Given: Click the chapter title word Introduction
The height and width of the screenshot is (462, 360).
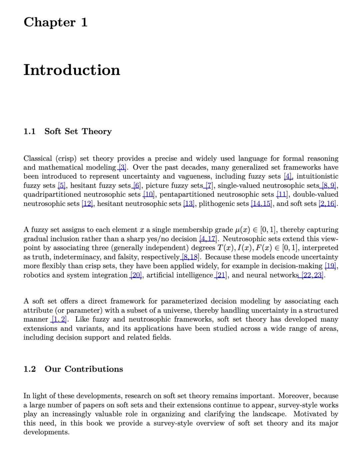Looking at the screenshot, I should [x=72, y=70].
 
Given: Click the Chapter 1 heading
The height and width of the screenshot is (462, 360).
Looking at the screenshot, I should [x=55, y=22].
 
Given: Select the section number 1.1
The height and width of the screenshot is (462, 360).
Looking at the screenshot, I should [x=29, y=132].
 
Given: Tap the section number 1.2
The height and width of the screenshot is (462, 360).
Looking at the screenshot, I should [x=29, y=369].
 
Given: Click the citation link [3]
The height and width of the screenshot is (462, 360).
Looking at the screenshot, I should [x=122, y=168].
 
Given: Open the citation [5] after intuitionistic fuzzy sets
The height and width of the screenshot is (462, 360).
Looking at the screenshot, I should [x=62, y=186].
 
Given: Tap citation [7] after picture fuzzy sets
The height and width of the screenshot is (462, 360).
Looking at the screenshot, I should [x=209, y=186].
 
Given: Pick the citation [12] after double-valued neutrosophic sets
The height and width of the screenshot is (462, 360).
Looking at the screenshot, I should [x=87, y=204].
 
